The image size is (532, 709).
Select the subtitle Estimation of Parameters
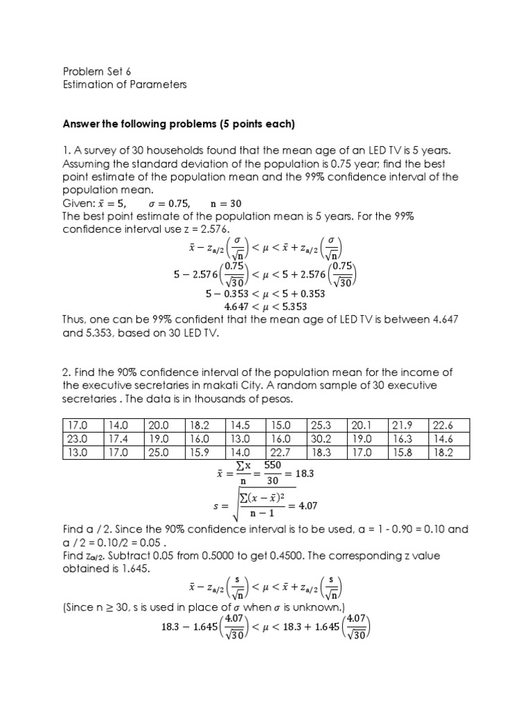(125, 84)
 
